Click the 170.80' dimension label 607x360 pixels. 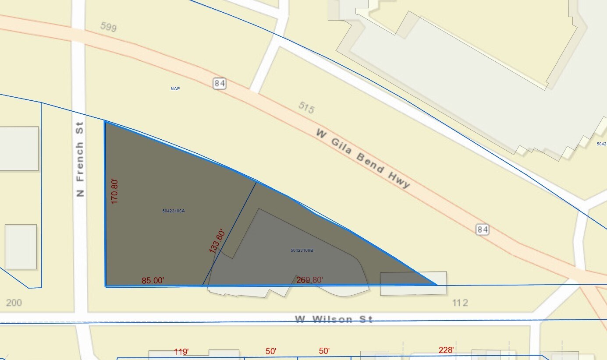115,191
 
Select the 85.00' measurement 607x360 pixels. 153,281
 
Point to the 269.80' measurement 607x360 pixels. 310,280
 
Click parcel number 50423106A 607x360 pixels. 174,211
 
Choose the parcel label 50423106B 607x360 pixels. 302,251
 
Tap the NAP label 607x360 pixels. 175,89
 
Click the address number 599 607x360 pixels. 108,27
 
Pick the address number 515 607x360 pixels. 306,107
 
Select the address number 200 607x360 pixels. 14,303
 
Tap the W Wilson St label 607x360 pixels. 334,319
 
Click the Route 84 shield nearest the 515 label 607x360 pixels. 220,83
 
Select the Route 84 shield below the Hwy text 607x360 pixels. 483,229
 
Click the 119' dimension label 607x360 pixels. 181,351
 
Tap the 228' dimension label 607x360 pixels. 447,350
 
